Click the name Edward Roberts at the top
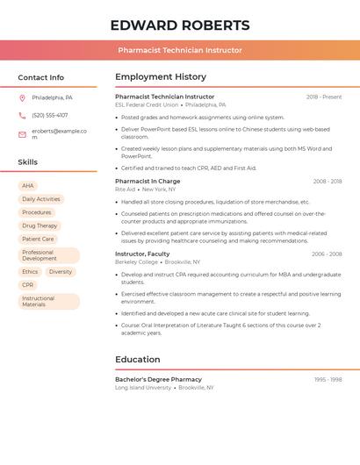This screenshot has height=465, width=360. tap(180, 25)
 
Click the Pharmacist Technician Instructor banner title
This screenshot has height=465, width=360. tap(180, 50)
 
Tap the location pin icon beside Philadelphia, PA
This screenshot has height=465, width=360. tap(22, 97)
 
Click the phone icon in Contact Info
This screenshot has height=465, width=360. tap(22, 115)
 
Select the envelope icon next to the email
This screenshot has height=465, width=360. tap(22, 134)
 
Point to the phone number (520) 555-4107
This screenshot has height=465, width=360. tap(49, 115)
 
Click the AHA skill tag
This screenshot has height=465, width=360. tap(28, 186)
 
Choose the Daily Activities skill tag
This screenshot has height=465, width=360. tap(41, 199)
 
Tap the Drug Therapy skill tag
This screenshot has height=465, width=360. tap(40, 225)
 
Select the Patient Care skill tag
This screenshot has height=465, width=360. tap(38, 239)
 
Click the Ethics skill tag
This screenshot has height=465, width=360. tap(30, 272)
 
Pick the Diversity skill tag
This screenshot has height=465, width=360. tap(61, 272)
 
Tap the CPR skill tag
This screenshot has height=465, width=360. tap(28, 285)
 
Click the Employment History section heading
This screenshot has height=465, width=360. tap(161, 77)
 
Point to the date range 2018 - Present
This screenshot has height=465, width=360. tap(324, 97)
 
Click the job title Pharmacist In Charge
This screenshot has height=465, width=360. tap(148, 182)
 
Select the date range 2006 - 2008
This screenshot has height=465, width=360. tap(327, 254)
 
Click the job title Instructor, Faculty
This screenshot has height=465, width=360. tap(142, 254)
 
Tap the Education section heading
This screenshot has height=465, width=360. tap(138, 360)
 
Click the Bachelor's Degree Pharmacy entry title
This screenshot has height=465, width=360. tap(158, 380)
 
